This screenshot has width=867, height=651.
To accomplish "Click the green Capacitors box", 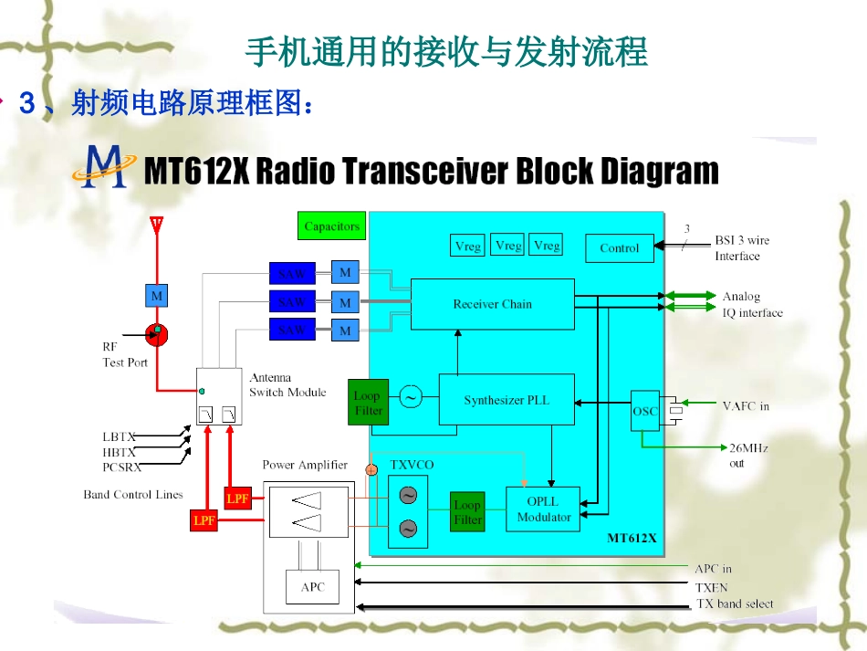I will [x=332, y=226].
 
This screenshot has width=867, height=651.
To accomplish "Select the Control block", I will [x=620, y=248].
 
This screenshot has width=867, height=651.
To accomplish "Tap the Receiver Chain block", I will [x=493, y=304].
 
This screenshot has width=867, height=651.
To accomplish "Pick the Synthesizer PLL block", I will [x=507, y=400].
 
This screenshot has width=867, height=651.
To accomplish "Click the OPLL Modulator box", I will [x=544, y=509].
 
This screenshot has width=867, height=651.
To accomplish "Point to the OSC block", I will [x=645, y=411].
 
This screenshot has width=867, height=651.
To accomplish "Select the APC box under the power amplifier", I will [x=313, y=587].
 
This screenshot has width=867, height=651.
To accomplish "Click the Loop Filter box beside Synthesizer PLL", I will [x=368, y=404].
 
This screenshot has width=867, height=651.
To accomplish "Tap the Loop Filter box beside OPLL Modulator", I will [x=467, y=512].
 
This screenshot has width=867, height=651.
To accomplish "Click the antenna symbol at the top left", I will [x=156, y=224].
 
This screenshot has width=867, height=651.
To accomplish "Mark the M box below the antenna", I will [x=157, y=296].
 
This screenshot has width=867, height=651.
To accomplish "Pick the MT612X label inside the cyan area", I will [x=632, y=538].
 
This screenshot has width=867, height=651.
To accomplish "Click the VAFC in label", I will [x=746, y=406].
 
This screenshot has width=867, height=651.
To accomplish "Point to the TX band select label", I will [x=735, y=604].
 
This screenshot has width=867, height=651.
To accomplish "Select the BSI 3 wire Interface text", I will [x=741, y=248].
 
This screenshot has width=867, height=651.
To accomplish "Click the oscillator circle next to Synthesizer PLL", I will [x=411, y=397].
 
